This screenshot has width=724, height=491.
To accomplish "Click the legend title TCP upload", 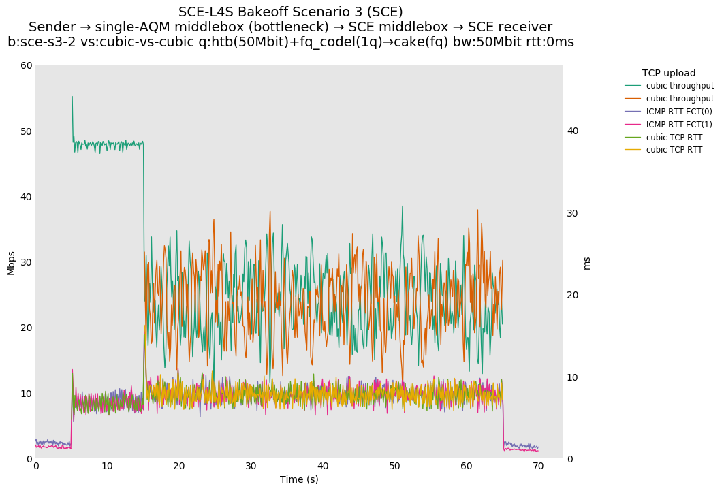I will [x=668, y=73].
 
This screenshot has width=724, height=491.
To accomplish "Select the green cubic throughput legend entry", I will [x=680, y=86].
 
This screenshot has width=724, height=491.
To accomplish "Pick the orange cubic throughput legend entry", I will [x=680, y=99].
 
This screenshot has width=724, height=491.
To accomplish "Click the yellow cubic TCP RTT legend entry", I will [x=674, y=150].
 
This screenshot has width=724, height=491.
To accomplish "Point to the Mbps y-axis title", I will [x=11, y=262].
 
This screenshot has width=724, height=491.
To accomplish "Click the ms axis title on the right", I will [x=587, y=263].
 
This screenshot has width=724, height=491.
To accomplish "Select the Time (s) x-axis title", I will [x=299, y=479].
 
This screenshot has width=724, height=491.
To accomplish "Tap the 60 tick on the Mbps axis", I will [x=27, y=65].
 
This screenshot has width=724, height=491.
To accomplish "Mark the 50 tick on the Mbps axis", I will [x=27, y=131].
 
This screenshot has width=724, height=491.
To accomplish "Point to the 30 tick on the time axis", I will [x=251, y=466].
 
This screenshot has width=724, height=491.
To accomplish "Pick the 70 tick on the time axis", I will [x=538, y=466].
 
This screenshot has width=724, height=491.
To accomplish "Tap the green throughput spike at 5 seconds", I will [x=72, y=97].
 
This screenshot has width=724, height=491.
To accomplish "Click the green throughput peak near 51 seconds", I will [x=402, y=206].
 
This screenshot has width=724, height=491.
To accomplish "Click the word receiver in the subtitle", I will [x=524, y=27].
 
